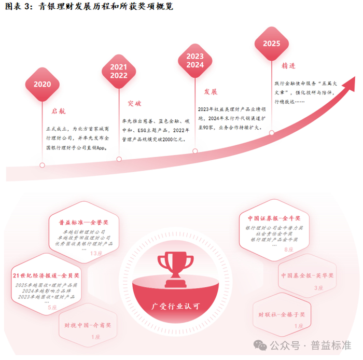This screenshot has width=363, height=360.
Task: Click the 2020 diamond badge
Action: (42, 84)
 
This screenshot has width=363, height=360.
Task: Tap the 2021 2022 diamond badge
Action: (119, 71)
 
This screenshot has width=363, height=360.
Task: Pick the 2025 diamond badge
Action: (271, 43)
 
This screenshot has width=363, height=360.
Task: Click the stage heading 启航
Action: (59, 112)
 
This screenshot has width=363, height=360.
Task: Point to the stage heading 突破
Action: (134, 103)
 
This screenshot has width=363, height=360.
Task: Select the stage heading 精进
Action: (288, 66)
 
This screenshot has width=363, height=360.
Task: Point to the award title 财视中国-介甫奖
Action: (88, 326)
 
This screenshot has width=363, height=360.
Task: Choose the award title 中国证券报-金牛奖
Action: (273, 218)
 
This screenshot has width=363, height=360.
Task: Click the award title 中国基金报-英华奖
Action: (308, 275)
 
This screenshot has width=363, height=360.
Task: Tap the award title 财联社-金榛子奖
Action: (282, 314)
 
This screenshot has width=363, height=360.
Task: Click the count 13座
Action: (96, 253)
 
